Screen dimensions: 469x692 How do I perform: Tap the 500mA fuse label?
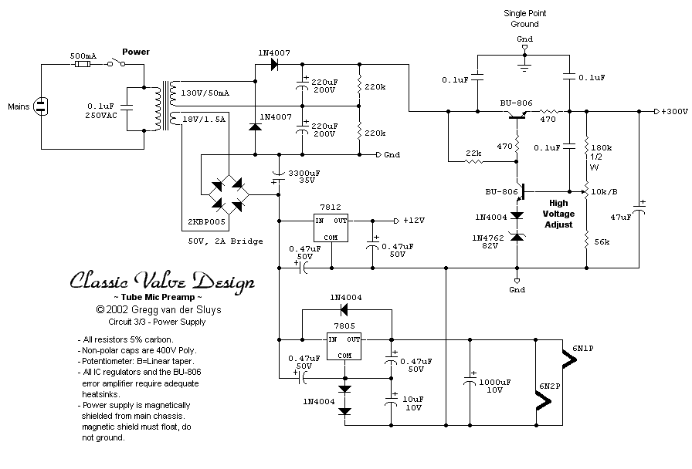point(83,56)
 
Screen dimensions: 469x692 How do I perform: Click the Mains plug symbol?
point(41,106)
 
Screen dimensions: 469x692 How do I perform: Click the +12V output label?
point(413,220)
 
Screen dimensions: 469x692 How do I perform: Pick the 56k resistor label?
point(602,242)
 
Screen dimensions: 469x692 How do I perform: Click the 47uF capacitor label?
point(621,218)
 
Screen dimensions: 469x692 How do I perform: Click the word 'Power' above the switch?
point(136,52)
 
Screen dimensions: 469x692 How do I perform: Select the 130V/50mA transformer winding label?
point(204,93)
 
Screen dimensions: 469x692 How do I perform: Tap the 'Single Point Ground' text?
point(524,19)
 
